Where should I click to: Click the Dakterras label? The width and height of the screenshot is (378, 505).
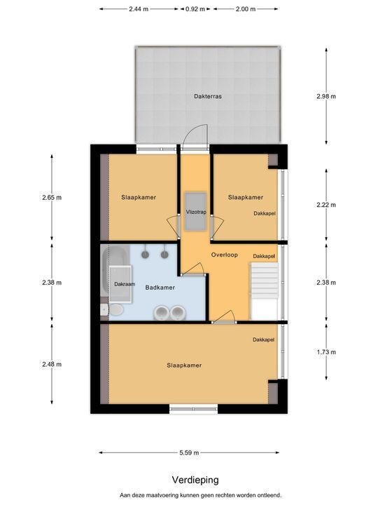click(x=208, y=96)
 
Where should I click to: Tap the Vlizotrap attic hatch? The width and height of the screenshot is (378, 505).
click(x=195, y=211)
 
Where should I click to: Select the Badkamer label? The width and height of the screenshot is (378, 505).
click(x=160, y=288)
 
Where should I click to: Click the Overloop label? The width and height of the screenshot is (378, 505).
click(x=225, y=255)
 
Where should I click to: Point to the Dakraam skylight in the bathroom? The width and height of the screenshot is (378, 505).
click(x=120, y=284)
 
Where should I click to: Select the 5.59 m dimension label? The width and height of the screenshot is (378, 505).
click(x=189, y=452)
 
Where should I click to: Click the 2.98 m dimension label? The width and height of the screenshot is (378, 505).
click(x=326, y=96)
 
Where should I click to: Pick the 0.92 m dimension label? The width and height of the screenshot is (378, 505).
click(x=195, y=9)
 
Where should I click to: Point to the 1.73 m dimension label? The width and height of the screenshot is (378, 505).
click(x=326, y=352)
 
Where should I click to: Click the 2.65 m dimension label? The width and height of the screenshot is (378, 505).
click(x=52, y=197)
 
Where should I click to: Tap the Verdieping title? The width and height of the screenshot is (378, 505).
click(x=195, y=480)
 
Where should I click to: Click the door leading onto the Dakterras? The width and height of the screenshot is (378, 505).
click(x=195, y=138)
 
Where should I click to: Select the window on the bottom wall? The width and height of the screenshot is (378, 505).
click(x=193, y=410)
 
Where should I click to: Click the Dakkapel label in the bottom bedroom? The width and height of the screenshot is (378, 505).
click(x=263, y=339)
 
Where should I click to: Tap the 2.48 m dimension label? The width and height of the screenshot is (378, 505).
click(x=52, y=364)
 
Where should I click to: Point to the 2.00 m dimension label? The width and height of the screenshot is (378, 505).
click(x=246, y=9)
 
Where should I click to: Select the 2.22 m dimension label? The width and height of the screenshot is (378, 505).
click(x=326, y=205)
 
